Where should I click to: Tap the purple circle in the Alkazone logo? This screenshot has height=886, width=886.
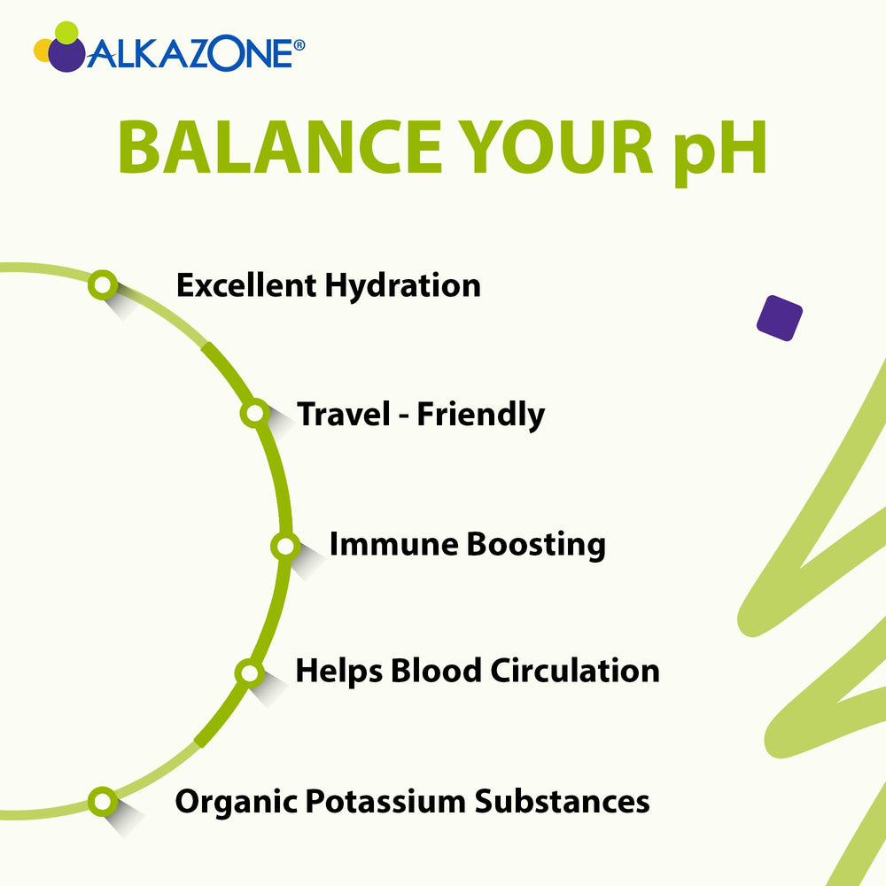click(x=66, y=53)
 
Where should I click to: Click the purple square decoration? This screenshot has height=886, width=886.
click(x=780, y=316)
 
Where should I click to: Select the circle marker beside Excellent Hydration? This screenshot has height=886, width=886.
click(x=103, y=284)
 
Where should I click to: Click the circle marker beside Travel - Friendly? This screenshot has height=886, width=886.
click(x=254, y=413)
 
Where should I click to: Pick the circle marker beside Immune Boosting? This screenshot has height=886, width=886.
click(x=284, y=546)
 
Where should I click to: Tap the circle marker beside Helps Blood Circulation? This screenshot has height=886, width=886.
click(x=250, y=672)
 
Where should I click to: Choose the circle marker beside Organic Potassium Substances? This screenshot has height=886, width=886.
click(x=103, y=802)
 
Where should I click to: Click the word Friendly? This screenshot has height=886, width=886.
click(x=481, y=415)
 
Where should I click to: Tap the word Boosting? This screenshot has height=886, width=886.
click(x=536, y=545)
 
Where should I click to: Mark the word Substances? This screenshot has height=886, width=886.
click(x=563, y=802)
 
